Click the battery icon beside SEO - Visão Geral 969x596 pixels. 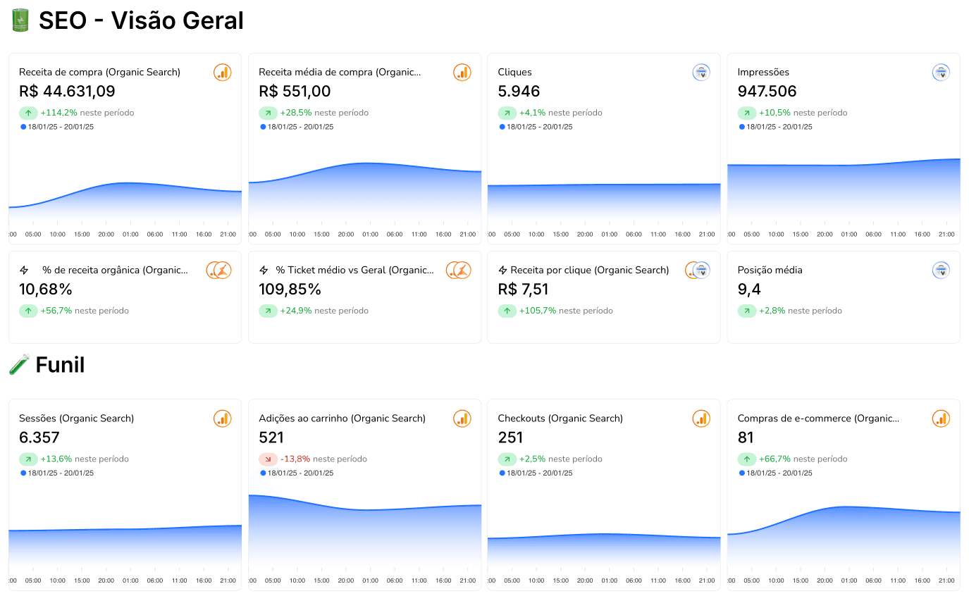(x=20, y=20)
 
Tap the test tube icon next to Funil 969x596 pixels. (x=20, y=364)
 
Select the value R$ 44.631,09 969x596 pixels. (x=67, y=92)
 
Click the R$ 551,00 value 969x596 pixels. (x=295, y=92)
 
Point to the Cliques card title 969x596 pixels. (x=514, y=73)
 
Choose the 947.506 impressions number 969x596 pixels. (x=767, y=92)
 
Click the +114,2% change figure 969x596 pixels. (x=58, y=113)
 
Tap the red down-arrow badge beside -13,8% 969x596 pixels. (x=269, y=459)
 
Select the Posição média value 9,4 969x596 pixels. (x=749, y=290)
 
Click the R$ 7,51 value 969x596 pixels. (x=523, y=290)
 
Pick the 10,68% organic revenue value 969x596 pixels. (x=45, y=290)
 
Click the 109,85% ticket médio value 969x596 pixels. (x=290, y=290)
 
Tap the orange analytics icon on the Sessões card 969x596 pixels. (x=223, y=418)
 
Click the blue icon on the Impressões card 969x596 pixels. (x=941, y=73)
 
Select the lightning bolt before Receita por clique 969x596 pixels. (x=502, y=271)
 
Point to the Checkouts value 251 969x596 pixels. (x=510, y=437)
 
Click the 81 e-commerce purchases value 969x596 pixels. (x=746, y=437)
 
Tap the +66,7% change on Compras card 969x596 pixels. (x=774, y=459)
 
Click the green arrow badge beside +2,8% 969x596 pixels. (x=747, y=311)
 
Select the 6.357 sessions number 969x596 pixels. (x=39, y=437)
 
